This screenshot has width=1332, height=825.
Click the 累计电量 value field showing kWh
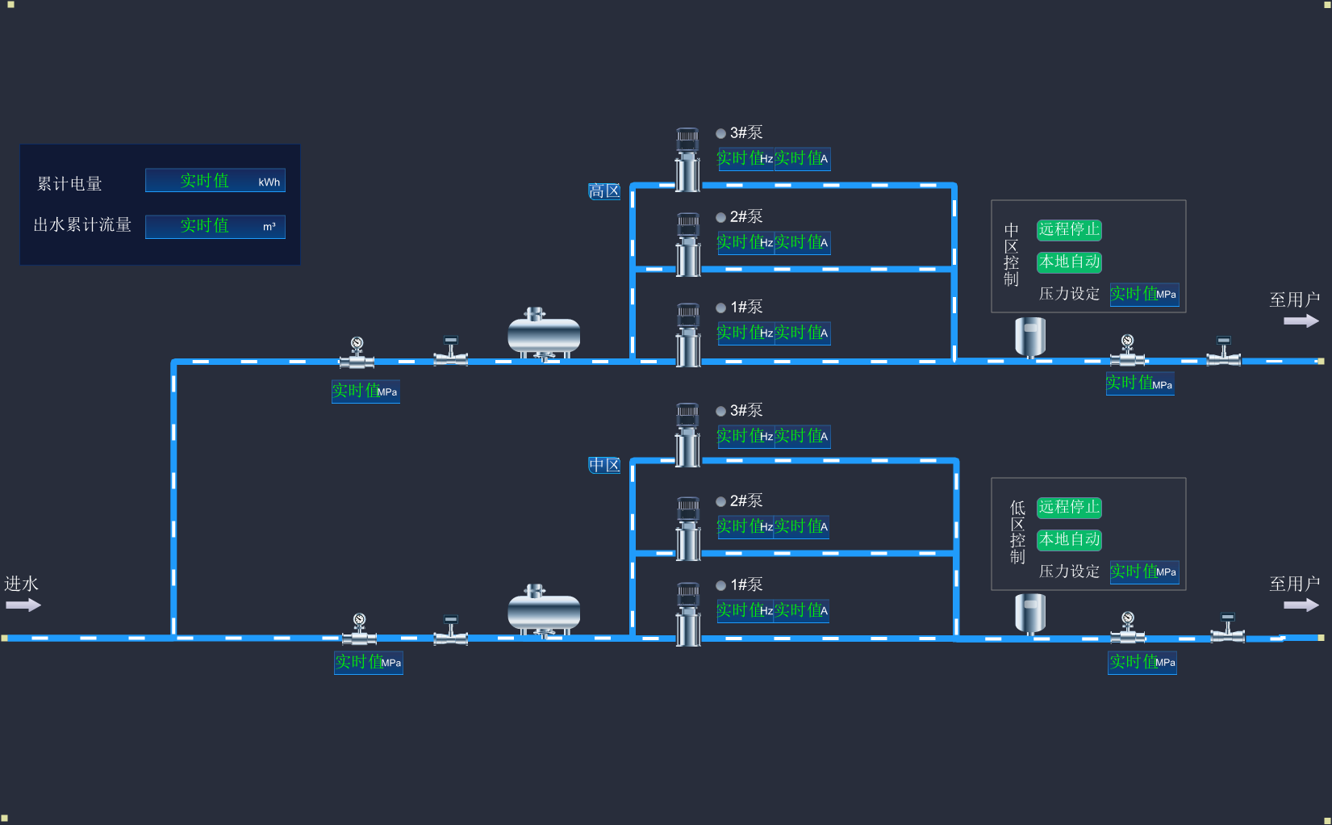pyautogui.click(x=215, y=181)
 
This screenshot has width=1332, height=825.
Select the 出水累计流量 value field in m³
pyautogui.click(x=215, y=226)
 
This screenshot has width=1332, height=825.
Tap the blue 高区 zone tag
pyautogui.click(x=604, y=191)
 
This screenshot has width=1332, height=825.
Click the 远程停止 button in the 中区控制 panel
pyautogui.click(x=1069, y=230)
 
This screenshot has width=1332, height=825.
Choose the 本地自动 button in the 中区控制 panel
pyautogui.click(x=1069, y=262)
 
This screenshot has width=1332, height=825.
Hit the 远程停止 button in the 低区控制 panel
pyautogui.click(x=1069, y=508)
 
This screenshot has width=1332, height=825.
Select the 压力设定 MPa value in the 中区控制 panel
pyautogui.click(x=1144, y=295)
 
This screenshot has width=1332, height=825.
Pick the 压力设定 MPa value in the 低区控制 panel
pyautogui.click(x=1144, y=572)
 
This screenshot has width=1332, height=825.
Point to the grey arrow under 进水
pyautogui.click(x=23, y=605)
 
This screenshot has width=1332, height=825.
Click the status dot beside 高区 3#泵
pyautogui.click(x=721, y=134)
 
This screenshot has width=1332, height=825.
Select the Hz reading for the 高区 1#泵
pyautogui.click(x=745, y=333)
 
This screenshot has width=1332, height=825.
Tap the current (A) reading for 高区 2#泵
pyautogui.click(x=802, y=243)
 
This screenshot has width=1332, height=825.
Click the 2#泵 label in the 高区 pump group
pyautogui.click(x=746, y=217)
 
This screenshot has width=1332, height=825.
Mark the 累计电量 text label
pyautogui.click(x=70, y=184)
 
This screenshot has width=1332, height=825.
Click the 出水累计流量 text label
pyautogui.click(x=82, y=225)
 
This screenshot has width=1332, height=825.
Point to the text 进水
pyautogui.click(x=22, y=584)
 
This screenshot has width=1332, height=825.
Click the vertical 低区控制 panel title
pyautogui.click(x=1017, y=533)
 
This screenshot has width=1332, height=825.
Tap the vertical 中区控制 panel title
pyautogui.click(x=1012, y=255)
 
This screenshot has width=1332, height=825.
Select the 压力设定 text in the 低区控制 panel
pyautogui.click(x=1069, y=572)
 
